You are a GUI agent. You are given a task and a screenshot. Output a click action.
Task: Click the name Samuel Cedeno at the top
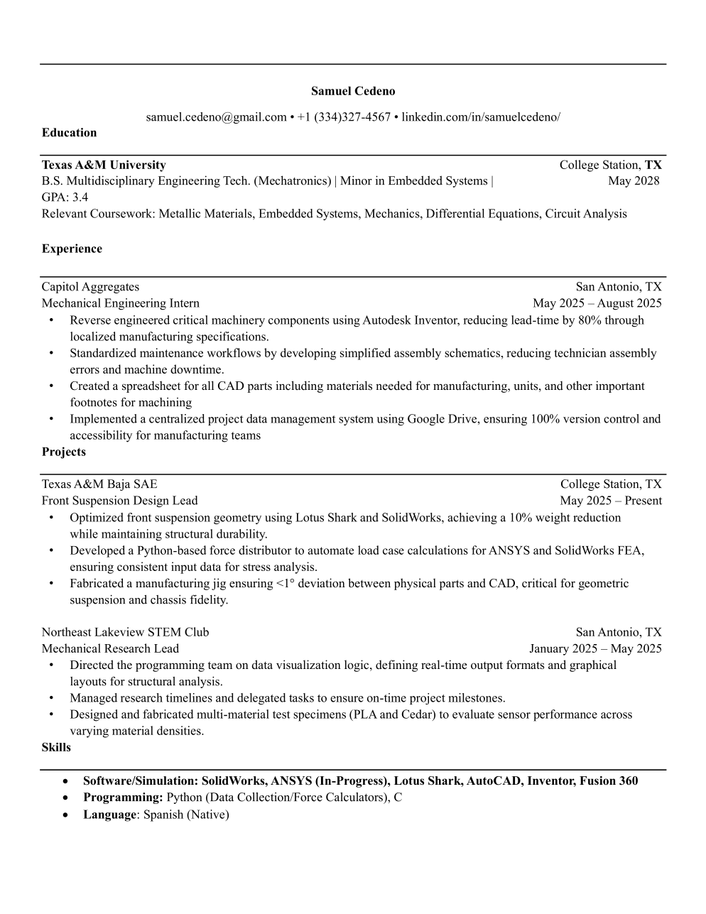(353, 91)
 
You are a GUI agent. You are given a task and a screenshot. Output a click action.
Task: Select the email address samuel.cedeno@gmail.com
(216, 116)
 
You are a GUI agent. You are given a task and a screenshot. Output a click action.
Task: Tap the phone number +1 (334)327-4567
(344, 116)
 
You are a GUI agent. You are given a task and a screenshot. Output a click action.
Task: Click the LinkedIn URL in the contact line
(481, 116)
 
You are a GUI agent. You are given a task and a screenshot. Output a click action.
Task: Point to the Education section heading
(69, 133)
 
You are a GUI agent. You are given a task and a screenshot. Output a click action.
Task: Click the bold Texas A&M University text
(104, 165)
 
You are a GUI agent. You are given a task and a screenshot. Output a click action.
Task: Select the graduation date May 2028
(634, 180)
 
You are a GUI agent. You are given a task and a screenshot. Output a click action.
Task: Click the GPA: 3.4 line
(65, 197)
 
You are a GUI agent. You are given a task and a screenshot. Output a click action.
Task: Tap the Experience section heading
(72, 249)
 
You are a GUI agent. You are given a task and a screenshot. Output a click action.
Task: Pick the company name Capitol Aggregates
(90, 287)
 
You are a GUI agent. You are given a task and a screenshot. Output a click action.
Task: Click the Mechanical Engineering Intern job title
(120, 303)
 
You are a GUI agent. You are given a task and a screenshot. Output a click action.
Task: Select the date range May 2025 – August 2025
(597, 303)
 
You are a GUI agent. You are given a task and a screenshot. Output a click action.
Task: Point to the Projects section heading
(63, 452)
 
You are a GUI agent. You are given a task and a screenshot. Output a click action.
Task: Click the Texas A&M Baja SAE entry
(99, 484)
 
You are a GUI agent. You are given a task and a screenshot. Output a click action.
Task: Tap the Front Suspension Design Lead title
(119, 501)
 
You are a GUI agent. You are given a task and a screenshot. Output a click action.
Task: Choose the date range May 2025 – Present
(610, 501)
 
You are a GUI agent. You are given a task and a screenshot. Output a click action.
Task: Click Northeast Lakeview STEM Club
(125, 632)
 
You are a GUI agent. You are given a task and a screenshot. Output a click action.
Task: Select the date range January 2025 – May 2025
(595, 648)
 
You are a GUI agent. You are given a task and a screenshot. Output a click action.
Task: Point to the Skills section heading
(56, 747)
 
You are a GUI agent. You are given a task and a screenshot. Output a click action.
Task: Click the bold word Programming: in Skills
(123, 798)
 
